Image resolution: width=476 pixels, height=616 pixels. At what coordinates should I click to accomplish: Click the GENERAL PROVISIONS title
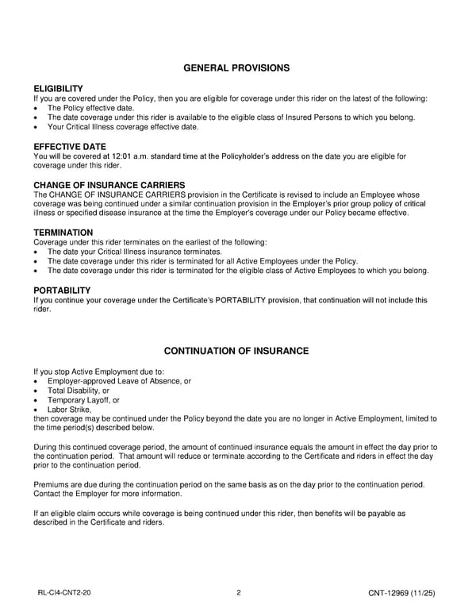[236, 68]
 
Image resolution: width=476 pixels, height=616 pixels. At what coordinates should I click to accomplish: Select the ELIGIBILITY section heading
[58, 88]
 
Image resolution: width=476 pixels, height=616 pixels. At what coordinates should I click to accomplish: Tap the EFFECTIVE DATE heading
[70, 147]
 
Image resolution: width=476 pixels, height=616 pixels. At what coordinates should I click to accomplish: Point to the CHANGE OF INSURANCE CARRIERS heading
[109, 185]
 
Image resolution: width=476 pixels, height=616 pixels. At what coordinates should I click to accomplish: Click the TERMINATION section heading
[63, 233]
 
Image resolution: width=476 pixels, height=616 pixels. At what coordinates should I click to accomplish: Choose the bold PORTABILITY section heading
[62, 291]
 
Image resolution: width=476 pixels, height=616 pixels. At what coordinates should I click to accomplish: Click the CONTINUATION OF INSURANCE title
[236, 351]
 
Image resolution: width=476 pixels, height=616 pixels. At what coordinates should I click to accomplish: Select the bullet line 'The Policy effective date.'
[90, 108]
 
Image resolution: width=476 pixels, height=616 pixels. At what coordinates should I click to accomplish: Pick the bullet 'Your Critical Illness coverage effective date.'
[122, 127]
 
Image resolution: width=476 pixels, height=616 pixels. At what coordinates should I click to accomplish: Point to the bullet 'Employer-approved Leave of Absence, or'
[119, 381]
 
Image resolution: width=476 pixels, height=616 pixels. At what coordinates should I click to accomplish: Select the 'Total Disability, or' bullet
[79, 391]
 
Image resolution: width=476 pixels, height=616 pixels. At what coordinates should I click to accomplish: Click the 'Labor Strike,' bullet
[70, 410]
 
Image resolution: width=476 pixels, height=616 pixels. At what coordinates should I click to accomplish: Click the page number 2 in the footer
[238, 592]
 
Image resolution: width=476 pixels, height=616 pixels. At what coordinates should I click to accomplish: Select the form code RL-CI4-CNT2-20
[69, 592]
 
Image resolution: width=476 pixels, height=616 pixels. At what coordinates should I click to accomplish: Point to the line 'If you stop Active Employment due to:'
[98, 372]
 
